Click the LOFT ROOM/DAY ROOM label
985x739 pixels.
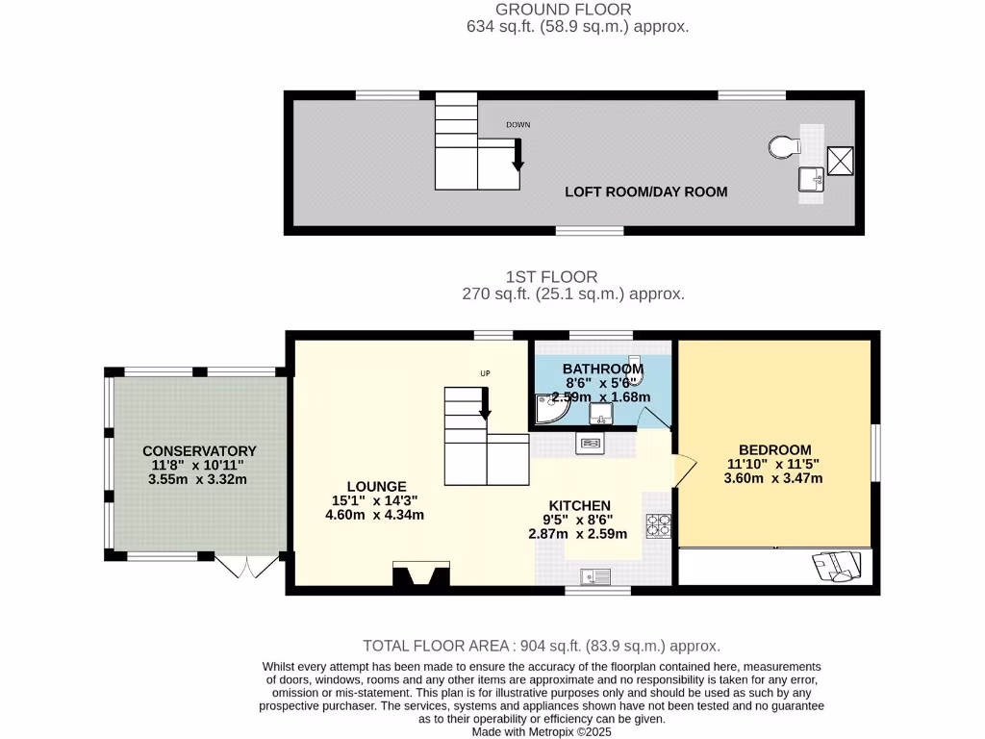645,191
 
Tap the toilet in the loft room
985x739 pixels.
785,147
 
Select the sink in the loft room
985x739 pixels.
810,179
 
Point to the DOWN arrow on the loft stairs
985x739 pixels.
518,155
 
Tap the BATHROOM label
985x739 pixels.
602,369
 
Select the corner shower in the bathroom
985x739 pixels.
551,412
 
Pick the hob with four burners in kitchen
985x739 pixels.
659,526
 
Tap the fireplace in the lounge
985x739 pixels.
421,574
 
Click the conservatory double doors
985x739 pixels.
246,567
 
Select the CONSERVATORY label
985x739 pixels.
199,450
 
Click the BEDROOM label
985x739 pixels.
774,449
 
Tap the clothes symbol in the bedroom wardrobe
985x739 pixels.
833,567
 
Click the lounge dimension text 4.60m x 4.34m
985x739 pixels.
374,515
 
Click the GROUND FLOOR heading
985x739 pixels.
563,10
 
